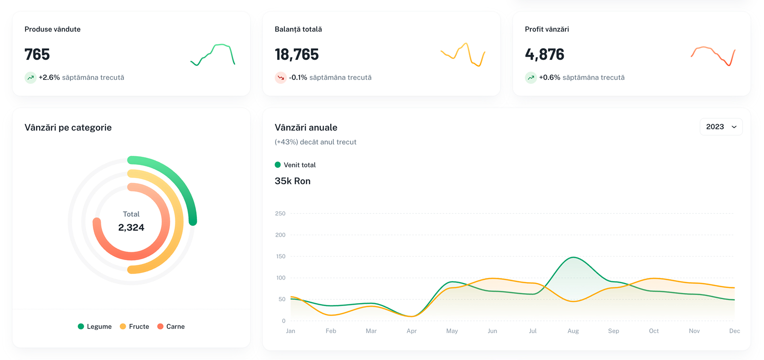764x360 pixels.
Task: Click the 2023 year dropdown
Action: pos(721,127)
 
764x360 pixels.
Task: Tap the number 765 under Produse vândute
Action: pos(37,55)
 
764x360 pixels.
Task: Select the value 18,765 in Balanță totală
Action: pos(297,55)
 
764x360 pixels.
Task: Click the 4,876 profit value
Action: pos(544,55)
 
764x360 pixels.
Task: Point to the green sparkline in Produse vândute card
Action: pos(213,54)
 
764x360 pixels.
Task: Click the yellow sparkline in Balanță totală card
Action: pos(463,55)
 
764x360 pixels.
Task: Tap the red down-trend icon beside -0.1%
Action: pos(280,77)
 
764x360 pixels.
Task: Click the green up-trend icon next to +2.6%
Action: pos(31,77)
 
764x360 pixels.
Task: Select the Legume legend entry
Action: pos(95,327)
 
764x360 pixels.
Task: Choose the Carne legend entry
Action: pos(171,327)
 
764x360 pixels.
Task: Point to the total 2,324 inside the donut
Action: pos(131,228)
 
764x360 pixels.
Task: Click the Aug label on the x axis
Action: pos(573,331)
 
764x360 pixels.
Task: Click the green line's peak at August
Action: pos(573,258)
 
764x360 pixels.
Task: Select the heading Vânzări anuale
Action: pos(306,128)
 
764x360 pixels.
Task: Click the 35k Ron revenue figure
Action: pos(292,181)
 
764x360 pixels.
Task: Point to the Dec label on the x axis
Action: pos(734,331)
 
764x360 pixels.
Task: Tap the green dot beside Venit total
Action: pos(278,165)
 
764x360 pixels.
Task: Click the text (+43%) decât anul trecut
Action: pos(315,142)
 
